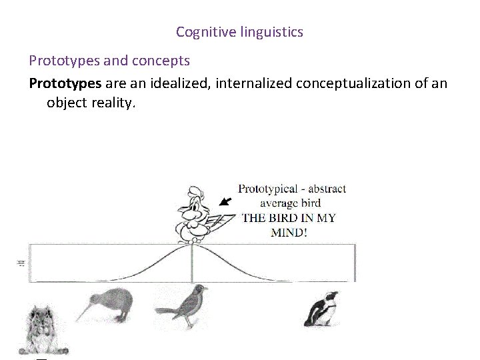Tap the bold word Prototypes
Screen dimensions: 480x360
coord(65,83)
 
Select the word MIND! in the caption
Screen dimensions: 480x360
coord(289,233)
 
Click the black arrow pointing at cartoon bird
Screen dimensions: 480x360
coord(227,200)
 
